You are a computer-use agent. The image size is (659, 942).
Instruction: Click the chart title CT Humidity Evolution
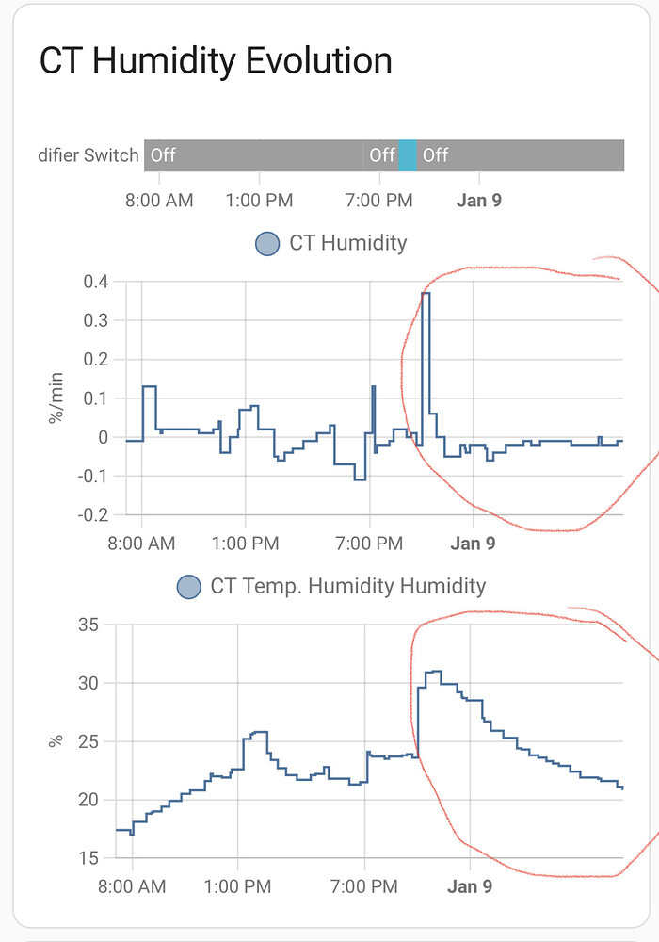[x=216, y=62]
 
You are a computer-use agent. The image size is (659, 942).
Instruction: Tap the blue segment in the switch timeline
[x=408, y=154]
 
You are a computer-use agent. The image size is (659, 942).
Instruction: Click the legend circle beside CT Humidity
[x=267, y=243]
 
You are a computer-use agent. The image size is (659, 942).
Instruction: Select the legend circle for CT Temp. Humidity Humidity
[x=189, y=586]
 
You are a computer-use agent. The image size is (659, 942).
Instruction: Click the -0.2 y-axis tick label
[x=93, y=515]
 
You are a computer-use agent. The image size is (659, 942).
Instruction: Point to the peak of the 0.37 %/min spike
[x=426, y=294]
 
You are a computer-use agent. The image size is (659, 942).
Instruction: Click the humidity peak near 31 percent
[x=434, y=672]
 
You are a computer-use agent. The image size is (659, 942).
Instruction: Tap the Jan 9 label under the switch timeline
[x=478, y=201]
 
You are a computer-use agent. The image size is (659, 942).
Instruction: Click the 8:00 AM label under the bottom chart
[x=131, y=886]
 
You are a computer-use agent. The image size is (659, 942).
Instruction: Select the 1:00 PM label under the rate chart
[x=245, y=544]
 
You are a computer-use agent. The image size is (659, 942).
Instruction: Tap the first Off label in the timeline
[x=163, y=154]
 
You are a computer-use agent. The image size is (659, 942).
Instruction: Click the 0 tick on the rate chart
[x=104, y=437]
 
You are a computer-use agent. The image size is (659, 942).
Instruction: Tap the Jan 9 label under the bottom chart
[x=469, y=886]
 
